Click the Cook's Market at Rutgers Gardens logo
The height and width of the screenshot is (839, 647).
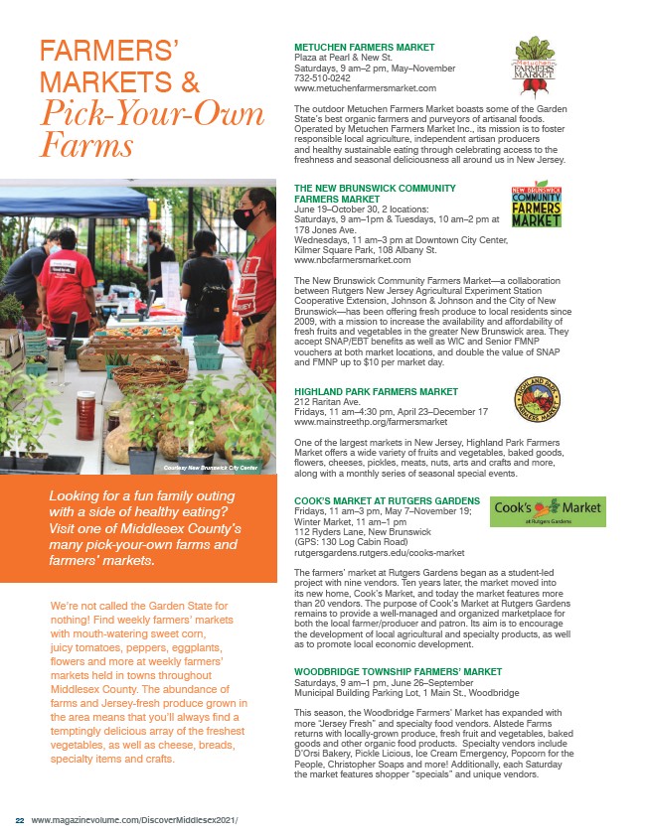(548, 510)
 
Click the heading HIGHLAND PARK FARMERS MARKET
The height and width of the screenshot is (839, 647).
(376, 392)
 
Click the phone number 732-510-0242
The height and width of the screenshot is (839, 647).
(322, 77)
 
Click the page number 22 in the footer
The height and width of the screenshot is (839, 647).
(19, 820)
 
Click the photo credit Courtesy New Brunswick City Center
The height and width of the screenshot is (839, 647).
(212, 467)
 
